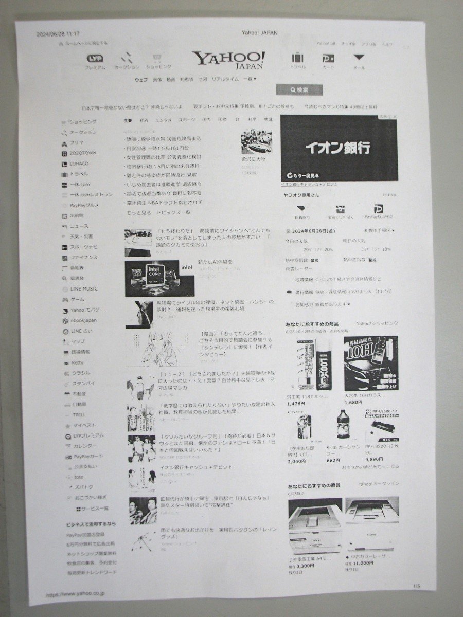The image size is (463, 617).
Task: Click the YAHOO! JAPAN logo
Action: (228, 60)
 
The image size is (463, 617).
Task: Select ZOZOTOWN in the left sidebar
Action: (83, 153)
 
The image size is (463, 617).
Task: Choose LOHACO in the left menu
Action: (80, 164)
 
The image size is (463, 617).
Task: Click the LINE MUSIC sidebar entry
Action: (84, 289)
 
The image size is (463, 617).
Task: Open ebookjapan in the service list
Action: (84, 320)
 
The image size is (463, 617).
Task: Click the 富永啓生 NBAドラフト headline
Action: (163, 203)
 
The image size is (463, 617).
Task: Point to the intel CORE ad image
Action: (152, 278)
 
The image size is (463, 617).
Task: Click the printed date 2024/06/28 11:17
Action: (58, 33)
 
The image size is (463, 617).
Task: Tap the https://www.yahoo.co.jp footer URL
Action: (75, 594)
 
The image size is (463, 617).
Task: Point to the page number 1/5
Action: (416, 586)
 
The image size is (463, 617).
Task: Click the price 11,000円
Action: (363, 563)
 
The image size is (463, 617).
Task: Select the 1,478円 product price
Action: (298, 403)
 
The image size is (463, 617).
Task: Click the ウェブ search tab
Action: (141, 80)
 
